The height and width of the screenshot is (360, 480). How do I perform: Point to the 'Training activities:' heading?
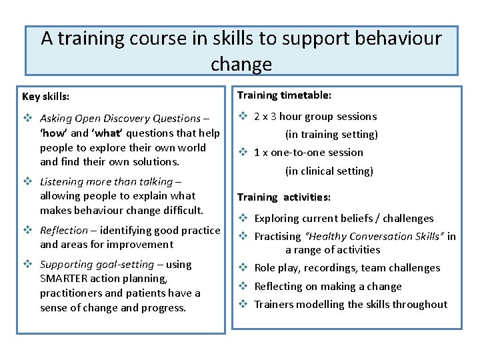pyautogui.click(x=284, y=197)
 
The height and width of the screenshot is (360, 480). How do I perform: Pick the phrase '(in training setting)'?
pyautogui.click(x=331, y=135)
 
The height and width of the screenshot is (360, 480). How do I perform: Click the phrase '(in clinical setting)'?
pyautogui.click(x=329, y=171)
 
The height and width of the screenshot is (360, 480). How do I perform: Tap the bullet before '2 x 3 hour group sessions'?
pyautogui.click(x=243, y=117)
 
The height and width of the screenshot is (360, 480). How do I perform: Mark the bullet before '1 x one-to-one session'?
pyautogui.click(x=243, y=153)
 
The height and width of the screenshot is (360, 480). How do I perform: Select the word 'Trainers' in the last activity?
pyautogui.click(x=275, y=305)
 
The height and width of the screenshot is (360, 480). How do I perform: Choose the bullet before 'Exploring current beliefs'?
pyautogui.click(x=243, y=219)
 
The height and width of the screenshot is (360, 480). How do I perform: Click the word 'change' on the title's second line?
pyautogui.click(x=241, y=64)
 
